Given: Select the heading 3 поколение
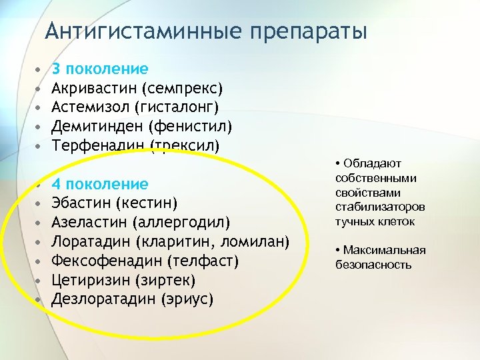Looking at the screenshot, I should click(100, 69).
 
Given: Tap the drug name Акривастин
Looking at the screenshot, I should click(94, 88).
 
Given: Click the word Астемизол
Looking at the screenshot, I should click(90, 107).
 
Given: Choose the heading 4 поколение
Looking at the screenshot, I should click(100, 184).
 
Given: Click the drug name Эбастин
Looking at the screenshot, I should click(81, 203).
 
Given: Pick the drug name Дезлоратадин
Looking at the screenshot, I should click(104, 298).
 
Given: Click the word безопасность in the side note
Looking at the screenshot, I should click(373, 265).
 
